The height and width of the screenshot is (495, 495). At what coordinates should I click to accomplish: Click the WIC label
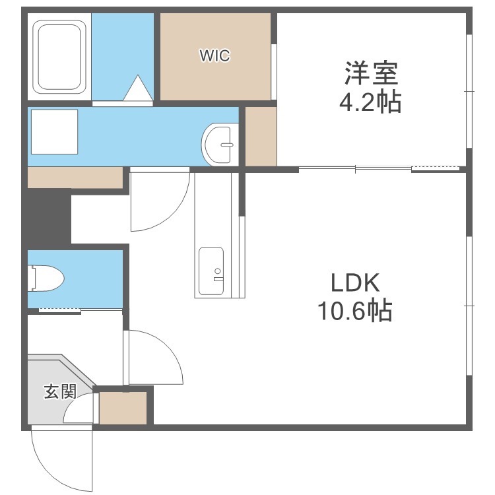(x=215, y=56)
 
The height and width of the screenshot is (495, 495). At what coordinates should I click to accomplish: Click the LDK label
(x=355, y=283)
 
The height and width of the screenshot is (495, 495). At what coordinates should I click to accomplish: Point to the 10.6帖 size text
(x=355, y=311)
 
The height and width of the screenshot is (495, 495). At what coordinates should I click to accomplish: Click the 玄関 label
(x=59, y=392)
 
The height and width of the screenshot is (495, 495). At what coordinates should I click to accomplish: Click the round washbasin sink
(x=220, y=143)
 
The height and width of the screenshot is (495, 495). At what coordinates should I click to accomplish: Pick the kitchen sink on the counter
(x=212, y=271)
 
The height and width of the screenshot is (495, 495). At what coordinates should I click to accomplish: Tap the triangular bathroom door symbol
(x=139, y=88)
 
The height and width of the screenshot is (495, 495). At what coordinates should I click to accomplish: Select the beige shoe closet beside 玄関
(x=123, y=408)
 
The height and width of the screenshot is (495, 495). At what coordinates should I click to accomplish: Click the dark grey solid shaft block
(x=48, y=217)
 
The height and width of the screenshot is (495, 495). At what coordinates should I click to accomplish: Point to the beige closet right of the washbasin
(x=261, y=136)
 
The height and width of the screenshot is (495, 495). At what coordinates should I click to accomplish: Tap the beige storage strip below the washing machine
(x=75, y=177)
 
